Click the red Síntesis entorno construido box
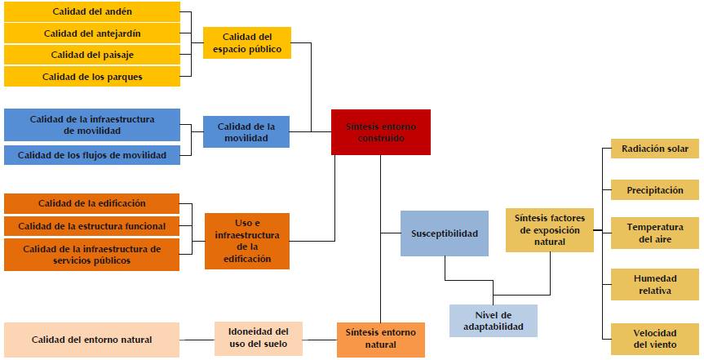(380, 132)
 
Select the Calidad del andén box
(91, 11)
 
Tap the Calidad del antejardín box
(91, 33)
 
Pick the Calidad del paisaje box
(91, 55)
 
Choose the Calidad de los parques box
(91, 77)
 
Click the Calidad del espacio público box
(246, 43)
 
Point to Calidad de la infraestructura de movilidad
(91, 125)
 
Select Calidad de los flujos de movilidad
(91, 155)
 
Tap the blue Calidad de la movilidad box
(246, 132)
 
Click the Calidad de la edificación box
(91, 203)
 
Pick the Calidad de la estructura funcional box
(91, 226)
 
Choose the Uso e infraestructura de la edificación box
(246, 241)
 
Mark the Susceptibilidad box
(444, 233)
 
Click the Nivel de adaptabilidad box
(494, 321)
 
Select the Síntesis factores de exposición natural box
(549, 230)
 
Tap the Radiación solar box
(654, 149)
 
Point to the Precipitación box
(654, 190)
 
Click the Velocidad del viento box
(654, 339)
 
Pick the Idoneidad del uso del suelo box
(258, 337)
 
